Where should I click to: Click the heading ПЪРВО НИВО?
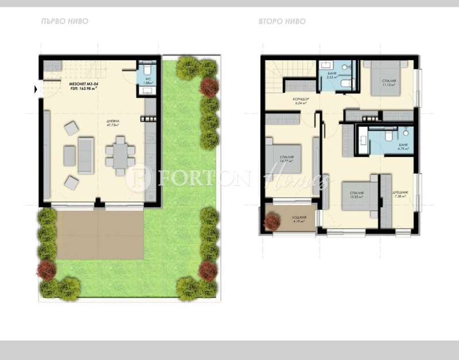[65, 22]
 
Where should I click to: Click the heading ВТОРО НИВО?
[282, 22]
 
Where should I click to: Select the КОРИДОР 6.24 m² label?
[301, 101]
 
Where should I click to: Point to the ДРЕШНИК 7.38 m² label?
[399, 194]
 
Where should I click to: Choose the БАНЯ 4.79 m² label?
[404, 148]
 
